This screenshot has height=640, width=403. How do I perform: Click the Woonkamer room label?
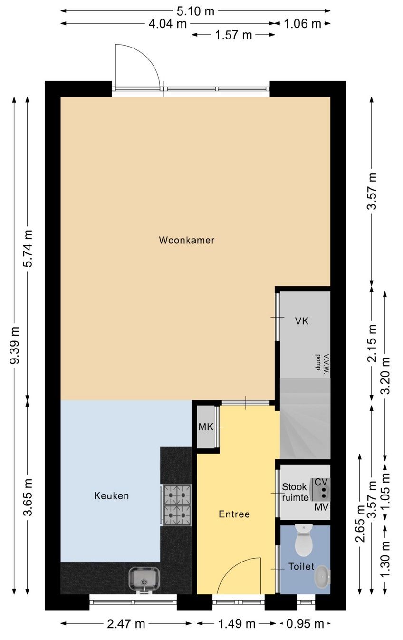coord(186,240)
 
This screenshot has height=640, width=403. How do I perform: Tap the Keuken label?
coord(111,496)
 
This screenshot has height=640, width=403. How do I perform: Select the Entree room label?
coord(234,514)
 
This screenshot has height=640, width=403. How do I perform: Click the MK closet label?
coord(206,427)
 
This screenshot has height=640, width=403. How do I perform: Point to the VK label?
coord(301,321)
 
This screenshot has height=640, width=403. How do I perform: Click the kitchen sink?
coord(144,579)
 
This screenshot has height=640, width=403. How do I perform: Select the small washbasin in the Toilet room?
coord(323,577)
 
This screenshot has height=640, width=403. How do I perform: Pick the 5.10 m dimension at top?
coord(196,11)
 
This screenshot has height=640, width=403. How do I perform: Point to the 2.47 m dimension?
coord(126,624)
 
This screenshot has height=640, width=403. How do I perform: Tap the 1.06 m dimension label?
coord(303,24)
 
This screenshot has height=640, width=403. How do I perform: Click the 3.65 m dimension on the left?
coord(29,497)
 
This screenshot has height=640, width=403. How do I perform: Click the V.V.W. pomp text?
coord(319,364)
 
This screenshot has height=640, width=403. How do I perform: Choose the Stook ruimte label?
coord(295,492)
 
